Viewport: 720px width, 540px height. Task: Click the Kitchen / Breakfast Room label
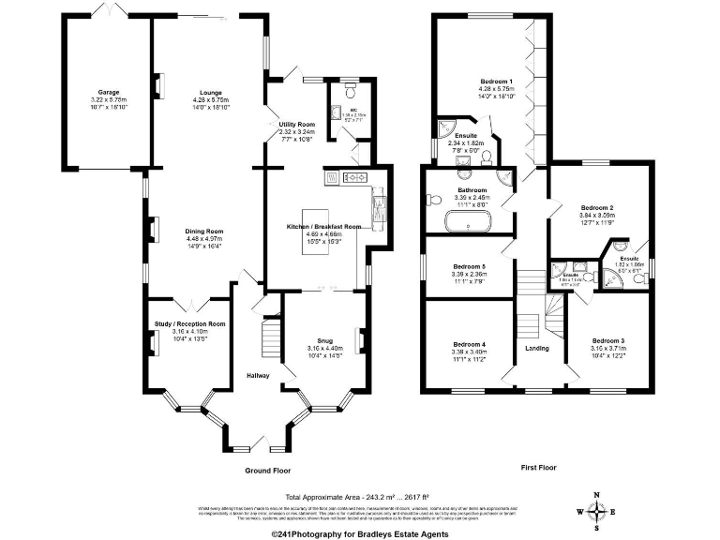tap(323, 227)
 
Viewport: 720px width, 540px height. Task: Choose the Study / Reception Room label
tap(190, 323)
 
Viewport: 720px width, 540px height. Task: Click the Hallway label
tap(258, 376)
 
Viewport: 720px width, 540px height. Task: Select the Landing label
tap(538, 349)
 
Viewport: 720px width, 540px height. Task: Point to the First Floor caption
tap(541, 466)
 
